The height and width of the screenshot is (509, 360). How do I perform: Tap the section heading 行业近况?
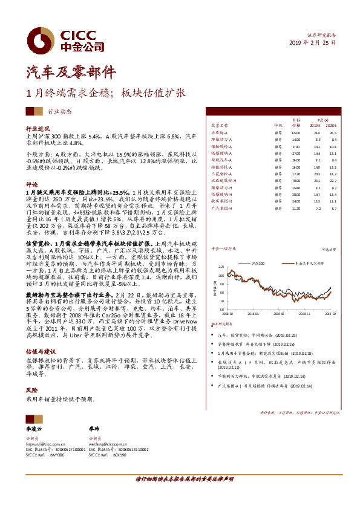(x=37, y=129)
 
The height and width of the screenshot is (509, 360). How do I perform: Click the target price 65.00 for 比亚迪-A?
(x=296, y=132)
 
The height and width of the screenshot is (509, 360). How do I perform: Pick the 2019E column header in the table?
(x=317, y=126)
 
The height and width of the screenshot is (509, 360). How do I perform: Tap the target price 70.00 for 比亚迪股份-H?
(x=296, y=180)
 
